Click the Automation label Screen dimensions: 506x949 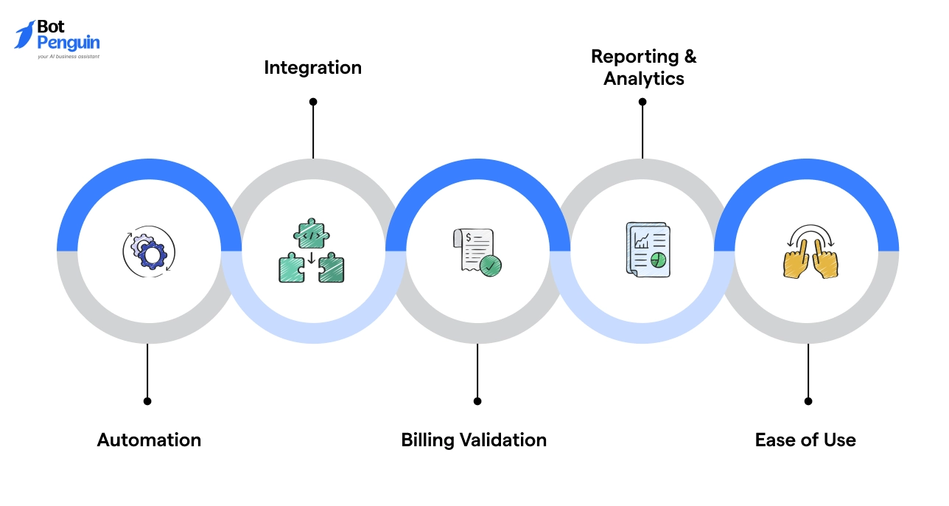(149, 440)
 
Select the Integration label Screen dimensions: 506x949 (312, 68)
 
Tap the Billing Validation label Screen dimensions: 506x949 (474, 440)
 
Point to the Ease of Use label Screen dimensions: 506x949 (805, 440)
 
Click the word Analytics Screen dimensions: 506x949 (643, 79)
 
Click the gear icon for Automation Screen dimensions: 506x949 (149, 252)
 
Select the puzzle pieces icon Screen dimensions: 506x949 (312, 251)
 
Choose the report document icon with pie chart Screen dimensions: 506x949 (647, 251)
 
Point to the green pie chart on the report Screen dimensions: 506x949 (659, 260)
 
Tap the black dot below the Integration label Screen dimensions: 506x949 (313, 102)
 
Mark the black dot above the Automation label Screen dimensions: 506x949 (147, 401)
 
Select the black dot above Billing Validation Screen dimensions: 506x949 (477, 401)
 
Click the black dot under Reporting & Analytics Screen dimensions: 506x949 (642, 102)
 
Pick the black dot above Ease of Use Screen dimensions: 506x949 (808, 401)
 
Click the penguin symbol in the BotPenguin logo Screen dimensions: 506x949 (24, 34)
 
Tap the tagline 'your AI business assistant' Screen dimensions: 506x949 (69, 56)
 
